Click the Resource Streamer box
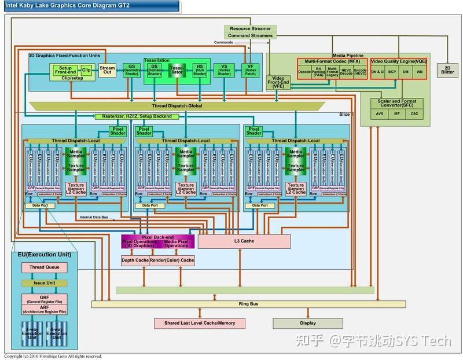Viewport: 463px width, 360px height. pyautogui.click(x=250, y=28)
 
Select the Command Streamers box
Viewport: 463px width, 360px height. pyautogui.click(x=250, y=35)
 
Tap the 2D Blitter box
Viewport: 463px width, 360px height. pyautogui.click(x=447, y=69)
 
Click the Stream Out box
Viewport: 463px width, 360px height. pyautogui.click(x=107, y=70)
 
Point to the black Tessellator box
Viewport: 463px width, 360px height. pyautogui.click(x=176, y=70)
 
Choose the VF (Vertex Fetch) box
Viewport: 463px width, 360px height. pyautogui.click(x=250, y=70)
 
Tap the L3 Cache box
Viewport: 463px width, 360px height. pyautogui.click(x=244, y=241)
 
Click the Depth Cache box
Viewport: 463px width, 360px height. pyautogui.click(x=135, y=260)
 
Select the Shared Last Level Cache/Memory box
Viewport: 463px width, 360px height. pyautogui.click(x=200, y=323)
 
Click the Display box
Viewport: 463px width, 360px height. pyautogui.click(x=307, y=323)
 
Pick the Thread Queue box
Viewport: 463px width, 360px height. pyautogui.click(x=45, y=267)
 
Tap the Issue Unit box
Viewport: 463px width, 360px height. pyautogui.click(x=45, y=284)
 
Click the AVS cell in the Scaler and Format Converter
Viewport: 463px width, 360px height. pyautogui.click(x=380, y=114)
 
